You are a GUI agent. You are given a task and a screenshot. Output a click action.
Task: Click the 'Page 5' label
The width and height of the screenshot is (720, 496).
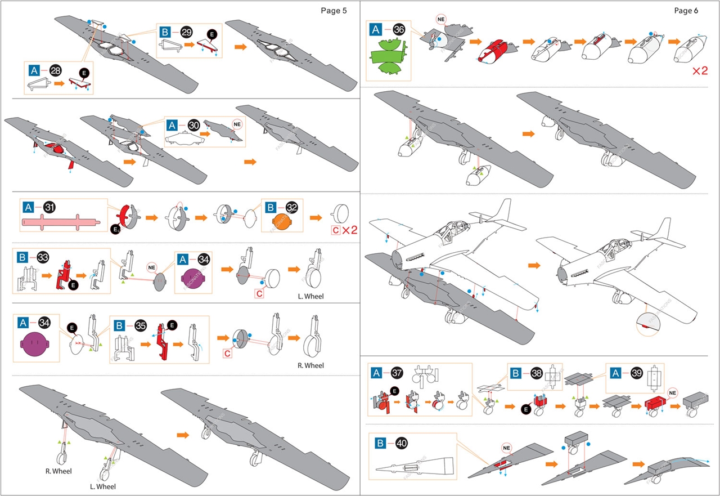tap(334, 11)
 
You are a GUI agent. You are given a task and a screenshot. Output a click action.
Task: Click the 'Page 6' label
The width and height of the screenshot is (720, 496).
tap(686, 11)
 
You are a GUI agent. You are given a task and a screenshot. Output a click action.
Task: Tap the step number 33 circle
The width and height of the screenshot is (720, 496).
tap(42, 257)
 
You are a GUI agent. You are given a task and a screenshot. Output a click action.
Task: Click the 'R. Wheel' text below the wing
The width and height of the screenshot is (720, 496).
tap(58, 471)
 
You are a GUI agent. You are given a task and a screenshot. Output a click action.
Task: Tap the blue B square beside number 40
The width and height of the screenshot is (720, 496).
tap(381, 444)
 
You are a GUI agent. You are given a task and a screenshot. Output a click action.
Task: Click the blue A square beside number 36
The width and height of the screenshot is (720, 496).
tap(376, 30)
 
